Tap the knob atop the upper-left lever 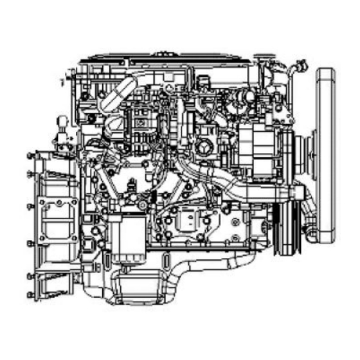pyautogui.click(x=63, y=120)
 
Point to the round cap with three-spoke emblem pyautogui.click(x=205, y=145)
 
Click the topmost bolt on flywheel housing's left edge pyautogui.click(x=30, y=155)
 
